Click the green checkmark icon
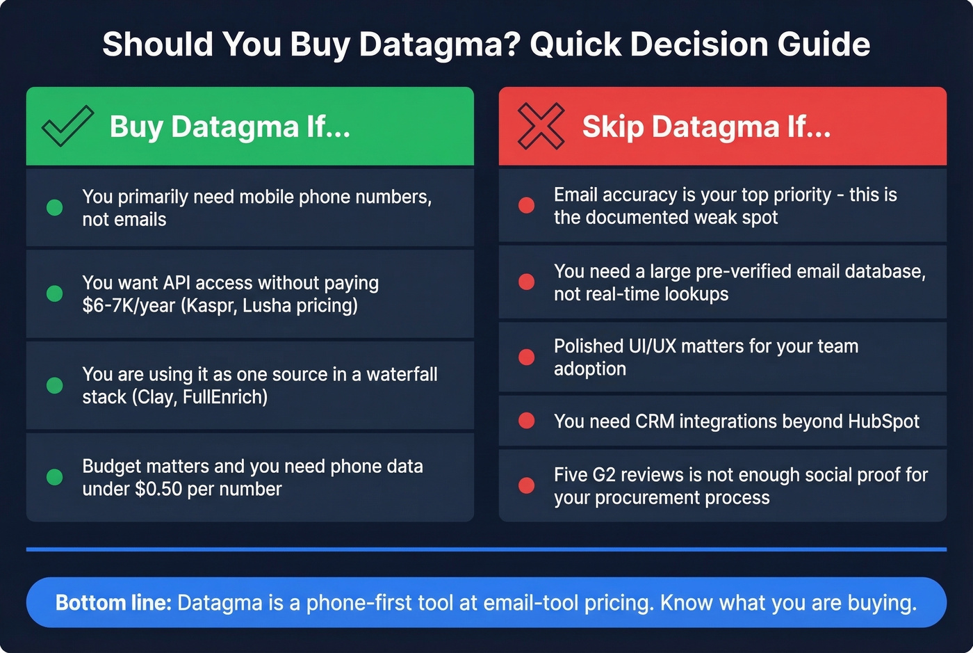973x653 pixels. point(67,126)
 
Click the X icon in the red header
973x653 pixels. point(541,126)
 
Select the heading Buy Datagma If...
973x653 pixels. point(230,127)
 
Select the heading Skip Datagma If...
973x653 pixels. point(706,127)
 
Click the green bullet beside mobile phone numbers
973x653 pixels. point(54,207)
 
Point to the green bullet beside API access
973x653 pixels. point(54,293)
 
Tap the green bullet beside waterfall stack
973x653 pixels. point(54,385)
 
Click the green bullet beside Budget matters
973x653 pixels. point(54,477)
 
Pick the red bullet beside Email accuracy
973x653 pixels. point(527,205)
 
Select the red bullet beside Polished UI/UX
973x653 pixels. point(527,357)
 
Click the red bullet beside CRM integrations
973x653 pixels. point(527,421)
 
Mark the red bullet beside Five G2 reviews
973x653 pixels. point(527,485)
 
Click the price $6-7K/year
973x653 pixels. point(129,306)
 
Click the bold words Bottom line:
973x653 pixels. point(113,602)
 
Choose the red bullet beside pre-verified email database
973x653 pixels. point(527,282)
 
